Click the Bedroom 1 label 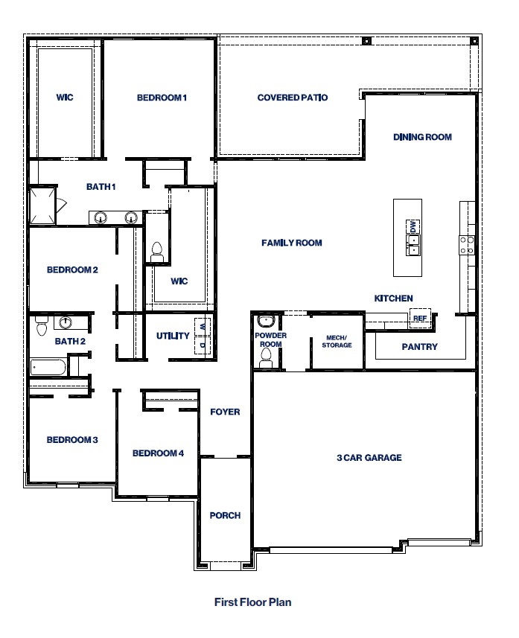pyautogui.click(x=161, y=98)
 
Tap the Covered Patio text pyautogui.click(x=292, y=98)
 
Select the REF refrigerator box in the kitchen pyautogui.click(x=418, y=319)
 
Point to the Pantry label pyautogui.click(x=419, y=347)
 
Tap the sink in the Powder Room pyautogui.click(x=265, y=322)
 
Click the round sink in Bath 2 pyautogui.click(x=66, y=322)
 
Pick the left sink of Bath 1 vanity pyautogui.click(x=100, y=217)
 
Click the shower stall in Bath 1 pyautogui.click(x=42, y=206)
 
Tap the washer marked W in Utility pyautogui.click(x=201, y=326)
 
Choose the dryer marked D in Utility pyautogui.click(x=201, y=345)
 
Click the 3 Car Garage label pyautogui.click(x=369, y=458)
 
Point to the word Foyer pyautogui.click(x=225, y=412)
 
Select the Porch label pyautogui.click(x=224, y=515)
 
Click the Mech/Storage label pyautogui.click(x=336, y=341)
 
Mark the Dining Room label pyautogui.click(x=422, y=137)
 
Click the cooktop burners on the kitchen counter pyautogui.click(x=467, y=245)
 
